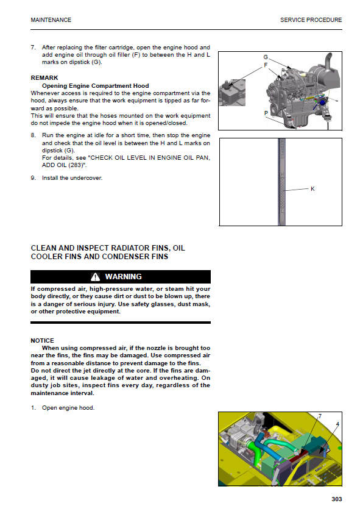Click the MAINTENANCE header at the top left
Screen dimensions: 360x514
(51, 20)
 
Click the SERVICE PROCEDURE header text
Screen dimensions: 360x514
(311, 20)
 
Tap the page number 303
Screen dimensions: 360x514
(337, 499)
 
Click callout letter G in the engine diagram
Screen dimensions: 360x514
(266, 57)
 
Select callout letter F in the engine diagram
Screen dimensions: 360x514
(266, 65)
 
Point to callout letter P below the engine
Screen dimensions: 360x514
(266, 113)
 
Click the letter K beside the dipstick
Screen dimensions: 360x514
(312, 189)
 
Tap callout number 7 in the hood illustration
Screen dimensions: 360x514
(320, 416)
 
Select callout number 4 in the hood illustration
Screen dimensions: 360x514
(337, 424)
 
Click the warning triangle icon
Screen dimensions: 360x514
(95, 277)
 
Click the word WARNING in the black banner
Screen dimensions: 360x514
(123, 277)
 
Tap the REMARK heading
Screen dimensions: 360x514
(44, 77)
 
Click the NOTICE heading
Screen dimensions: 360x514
(42, 341)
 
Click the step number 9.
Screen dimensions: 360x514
(33, 178)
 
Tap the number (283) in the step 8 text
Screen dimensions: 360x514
(76, 165)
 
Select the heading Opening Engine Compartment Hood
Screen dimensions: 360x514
(95, 86)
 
